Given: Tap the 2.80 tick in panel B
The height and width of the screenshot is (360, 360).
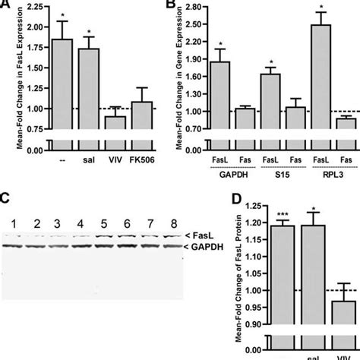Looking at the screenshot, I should point(196,7).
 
